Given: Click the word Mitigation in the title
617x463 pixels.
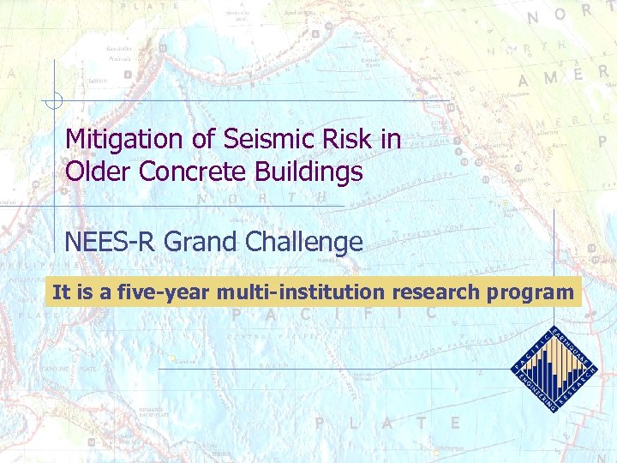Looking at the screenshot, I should click(x=122, y=140).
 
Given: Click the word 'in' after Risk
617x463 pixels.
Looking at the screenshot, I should click(x=390, y=140).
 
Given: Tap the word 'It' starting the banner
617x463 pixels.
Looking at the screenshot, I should click(x=61, y=292).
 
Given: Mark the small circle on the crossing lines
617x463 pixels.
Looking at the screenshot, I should click(x=53, y=101).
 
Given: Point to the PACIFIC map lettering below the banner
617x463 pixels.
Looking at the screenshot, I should click(x=334, y=315).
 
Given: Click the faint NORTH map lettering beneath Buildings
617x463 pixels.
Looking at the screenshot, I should click(x=261, y=198).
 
